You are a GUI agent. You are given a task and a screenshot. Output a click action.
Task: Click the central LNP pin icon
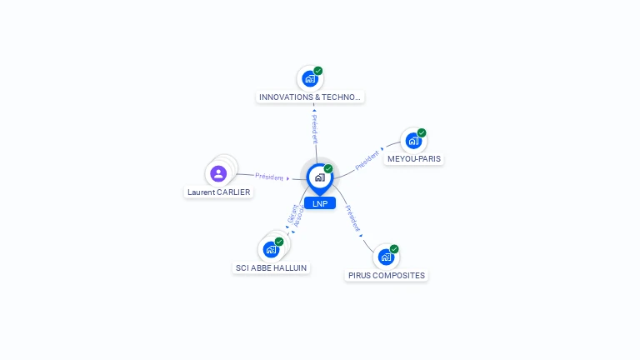click(319, 177)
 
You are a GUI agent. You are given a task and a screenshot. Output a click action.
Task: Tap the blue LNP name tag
click(320, 203)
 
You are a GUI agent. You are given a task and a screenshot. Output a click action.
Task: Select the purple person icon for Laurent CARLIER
click(218, 173)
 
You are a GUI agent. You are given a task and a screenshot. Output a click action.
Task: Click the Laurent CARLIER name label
click(218, 192)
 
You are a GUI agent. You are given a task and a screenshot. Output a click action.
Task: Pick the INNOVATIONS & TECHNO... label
click(310, 97)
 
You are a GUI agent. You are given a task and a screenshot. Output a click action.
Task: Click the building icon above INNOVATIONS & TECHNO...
click(310, 79)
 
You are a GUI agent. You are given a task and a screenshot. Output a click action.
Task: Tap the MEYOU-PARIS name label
click(414, 158)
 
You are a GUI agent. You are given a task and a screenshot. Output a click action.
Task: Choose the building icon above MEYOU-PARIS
click(413, 141)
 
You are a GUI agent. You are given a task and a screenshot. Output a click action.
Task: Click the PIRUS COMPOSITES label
click(386, 275)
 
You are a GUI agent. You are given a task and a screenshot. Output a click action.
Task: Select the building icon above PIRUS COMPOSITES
click(386, 257)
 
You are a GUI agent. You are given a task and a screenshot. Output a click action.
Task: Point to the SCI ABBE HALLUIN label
click(271, 267)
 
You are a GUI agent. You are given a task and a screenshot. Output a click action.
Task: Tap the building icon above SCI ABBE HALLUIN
click(271, 249)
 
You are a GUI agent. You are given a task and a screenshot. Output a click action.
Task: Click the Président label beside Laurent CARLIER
click(269, 177)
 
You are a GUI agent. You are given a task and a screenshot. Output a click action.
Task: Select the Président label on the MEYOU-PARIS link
click(367, 160)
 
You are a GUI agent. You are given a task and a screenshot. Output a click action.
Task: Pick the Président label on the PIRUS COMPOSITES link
click(352, 217)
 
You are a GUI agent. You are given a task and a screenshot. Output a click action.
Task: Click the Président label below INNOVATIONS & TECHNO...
click(315, 128)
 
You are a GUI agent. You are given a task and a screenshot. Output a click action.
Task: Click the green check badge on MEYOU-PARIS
click(422, 132)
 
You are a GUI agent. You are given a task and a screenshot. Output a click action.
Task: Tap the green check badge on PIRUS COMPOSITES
click(394, 248)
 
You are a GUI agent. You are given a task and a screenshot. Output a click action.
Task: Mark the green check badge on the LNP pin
click(328, 168)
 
